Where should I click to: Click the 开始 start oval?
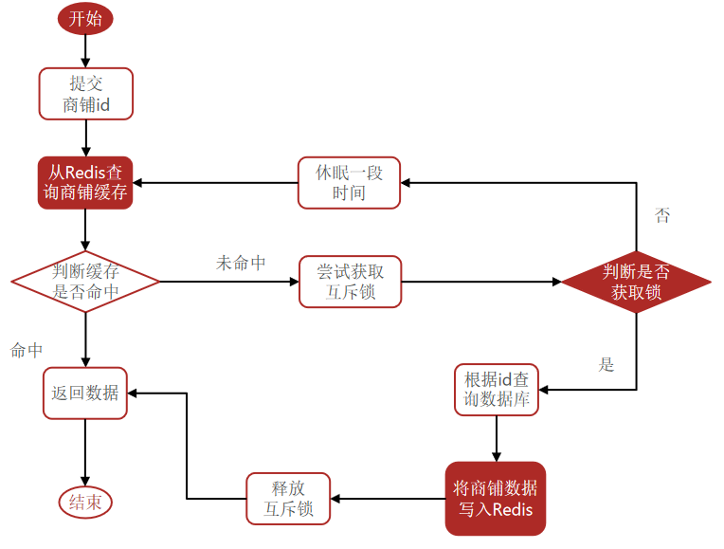(x=85, y=18)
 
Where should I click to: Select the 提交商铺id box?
(x=85, y=94)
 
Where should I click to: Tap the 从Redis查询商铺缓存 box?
(x=85, y=183)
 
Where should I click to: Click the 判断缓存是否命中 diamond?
(x=85, y=282)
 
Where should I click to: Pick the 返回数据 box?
(x=85, y=393)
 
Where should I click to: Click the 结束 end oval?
(x=85, y=503)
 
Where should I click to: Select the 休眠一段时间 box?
(x=349, y=183)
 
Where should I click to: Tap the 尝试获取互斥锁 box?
(x=350, y=282)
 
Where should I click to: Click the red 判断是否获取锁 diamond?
(x=636, y=282)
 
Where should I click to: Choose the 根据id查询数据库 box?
(x=497, y=390)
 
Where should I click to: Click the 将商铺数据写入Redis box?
(x=495, y=499)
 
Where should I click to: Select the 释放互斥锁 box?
(x=288, y=499)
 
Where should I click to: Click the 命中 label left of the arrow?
(x=27, y=350)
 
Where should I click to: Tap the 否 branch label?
(x=662, y=216)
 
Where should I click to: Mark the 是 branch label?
(x=607, y=364)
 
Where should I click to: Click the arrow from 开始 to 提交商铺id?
(x=85, y=51)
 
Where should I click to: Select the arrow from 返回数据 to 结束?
(x=85, y=453)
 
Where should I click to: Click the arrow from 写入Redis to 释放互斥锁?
(x=387, y=499)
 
